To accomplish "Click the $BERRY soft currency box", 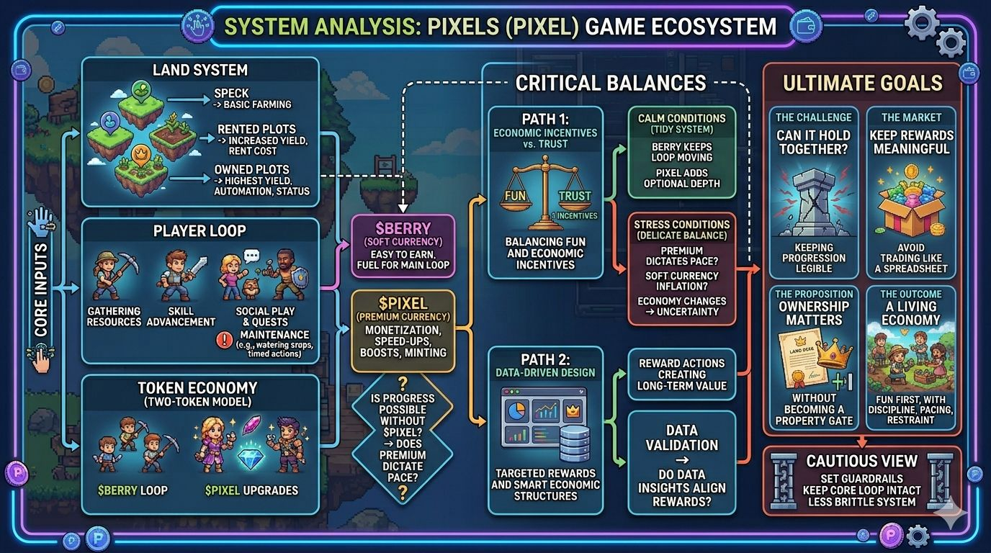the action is pyautogui.click(x=403, y=245).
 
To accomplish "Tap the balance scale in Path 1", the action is pyautogui.click(x=544, y=194).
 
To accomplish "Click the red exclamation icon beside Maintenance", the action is pyautogui.click(x=226, y=338).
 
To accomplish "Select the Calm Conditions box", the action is pyautogui.click(x=681, y=151).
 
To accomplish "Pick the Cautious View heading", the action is pyautogui.click(x=861, y=461).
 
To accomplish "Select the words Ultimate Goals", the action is pyautogui.click(x=862, y=84).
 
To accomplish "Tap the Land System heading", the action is pyautogui.click(x=199, y=70).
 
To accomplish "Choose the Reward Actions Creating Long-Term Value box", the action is pyautogui.click(x=681, y=374).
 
